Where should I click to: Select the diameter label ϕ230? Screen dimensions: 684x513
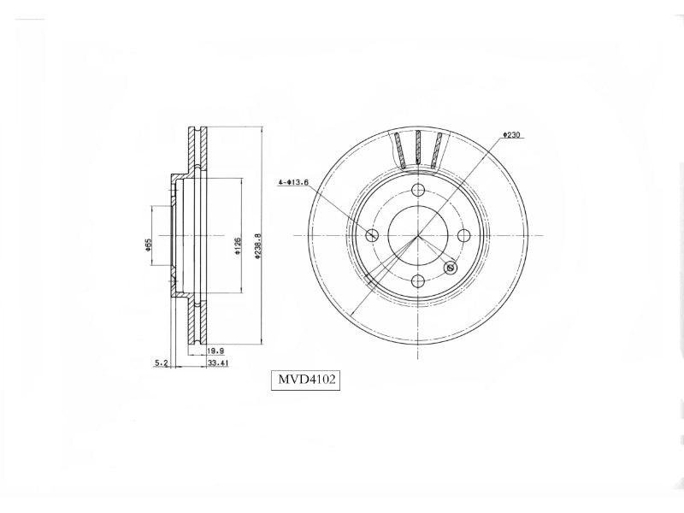[511, 135]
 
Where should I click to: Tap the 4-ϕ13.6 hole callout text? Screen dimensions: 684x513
[293, 182]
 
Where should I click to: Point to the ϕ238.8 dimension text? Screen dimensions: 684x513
[258, 247]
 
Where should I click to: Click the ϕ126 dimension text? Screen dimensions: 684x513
[238, 246]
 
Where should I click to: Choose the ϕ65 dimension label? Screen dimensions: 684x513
[148, 245]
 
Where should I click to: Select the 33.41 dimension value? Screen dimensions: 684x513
[218, 363]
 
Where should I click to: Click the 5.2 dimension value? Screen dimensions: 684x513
[162, 363]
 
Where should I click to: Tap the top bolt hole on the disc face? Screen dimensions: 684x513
[418, 190]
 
